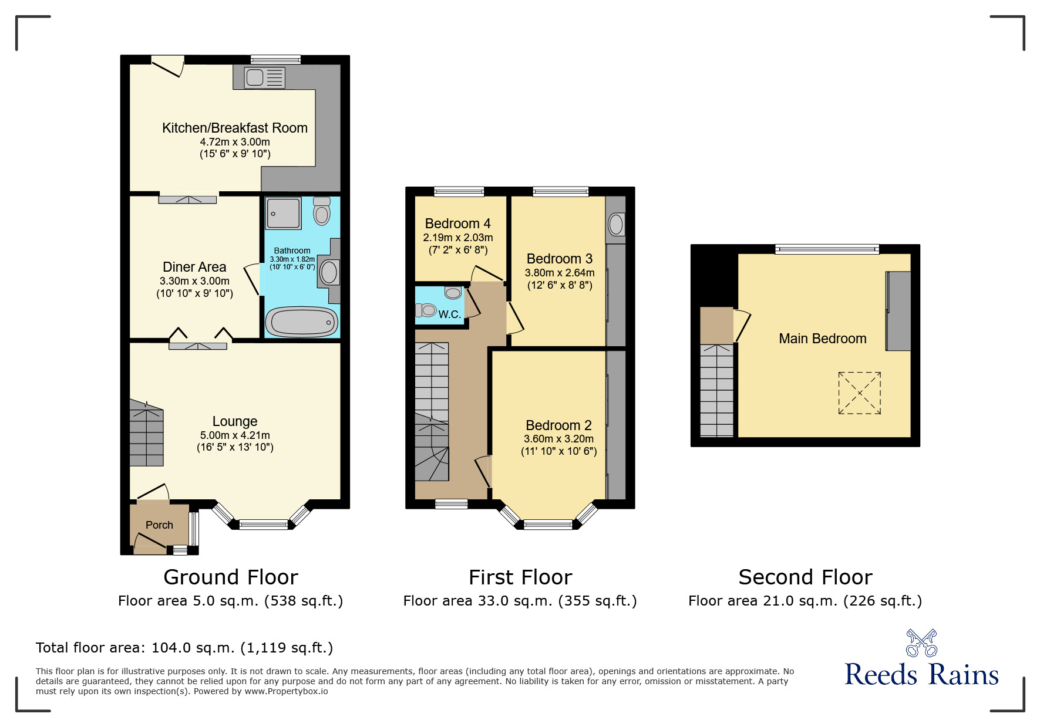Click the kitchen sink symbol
point(265,77)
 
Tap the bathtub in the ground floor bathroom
point(302,322)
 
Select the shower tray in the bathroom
point(284,213)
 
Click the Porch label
point(159,525)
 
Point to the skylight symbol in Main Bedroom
point(859,393)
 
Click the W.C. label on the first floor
point(449,315)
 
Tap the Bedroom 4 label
point(457,224)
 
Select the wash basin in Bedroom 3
point(615,224)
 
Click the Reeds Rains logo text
point(921,675)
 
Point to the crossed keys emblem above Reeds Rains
point(921,643)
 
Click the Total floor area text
point(184,648)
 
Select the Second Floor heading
point(805,577)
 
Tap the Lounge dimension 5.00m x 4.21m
point(235,435)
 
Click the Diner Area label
point(194,267)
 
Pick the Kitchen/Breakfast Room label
point(234,128)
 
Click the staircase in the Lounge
point(146,434)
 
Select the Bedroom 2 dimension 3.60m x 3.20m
point(558,439)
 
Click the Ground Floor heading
point(231,577)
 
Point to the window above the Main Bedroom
point(827,249)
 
